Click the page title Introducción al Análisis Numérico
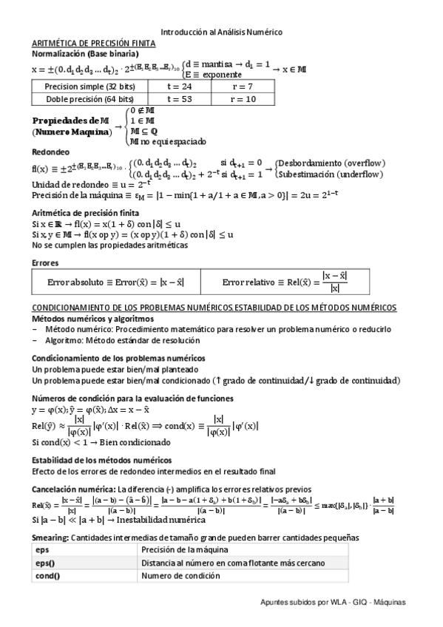(x=221, y=32)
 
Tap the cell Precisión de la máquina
(x=184, y=550)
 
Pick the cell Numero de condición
(x=182, y=575)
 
